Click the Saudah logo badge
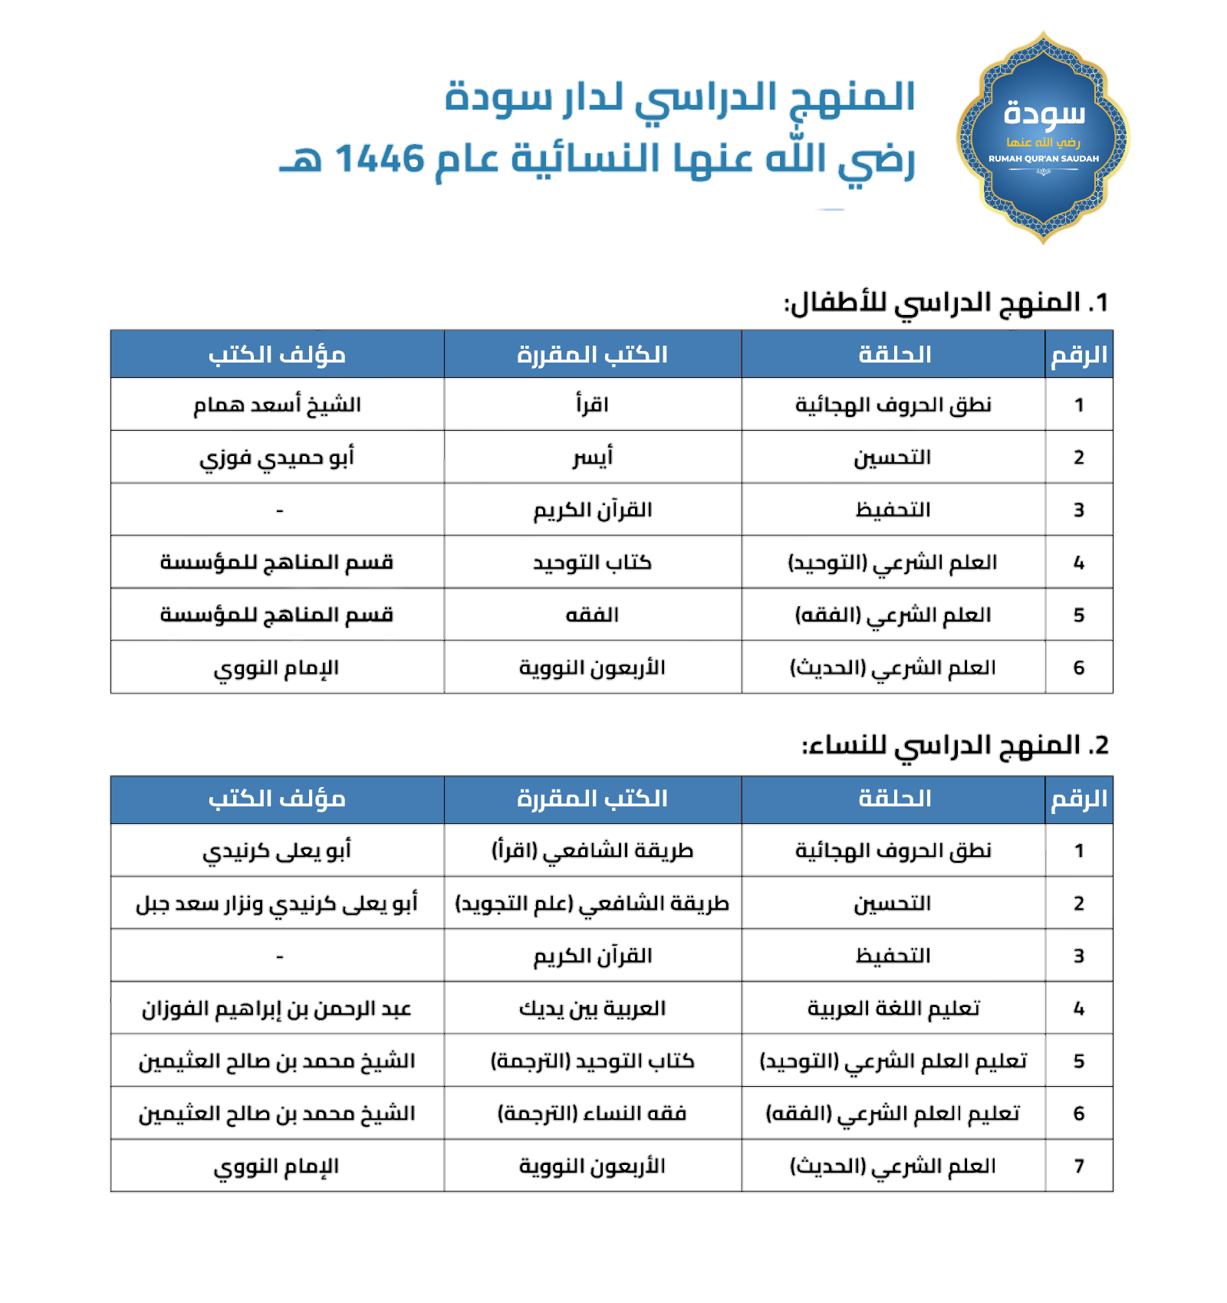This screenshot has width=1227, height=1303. tap(1043, 138)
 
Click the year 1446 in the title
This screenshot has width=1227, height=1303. tap(380, 159)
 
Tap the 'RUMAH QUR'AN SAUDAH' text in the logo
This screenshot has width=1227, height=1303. tap(1043, 159)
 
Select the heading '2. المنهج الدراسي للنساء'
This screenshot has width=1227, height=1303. tap(955, 745)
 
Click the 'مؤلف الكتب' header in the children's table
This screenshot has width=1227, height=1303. tap(277, 355)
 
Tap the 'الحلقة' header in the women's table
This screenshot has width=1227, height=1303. tap(894, 799)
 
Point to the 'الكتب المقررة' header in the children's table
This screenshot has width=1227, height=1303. tap(592, 355)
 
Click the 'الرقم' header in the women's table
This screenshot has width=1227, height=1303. tap(1079, 799)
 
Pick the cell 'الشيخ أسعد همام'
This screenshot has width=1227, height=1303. tap(277, 405)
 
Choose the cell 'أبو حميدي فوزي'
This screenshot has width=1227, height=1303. tap(277, 458)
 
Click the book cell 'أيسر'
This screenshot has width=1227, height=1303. tap(592, 458)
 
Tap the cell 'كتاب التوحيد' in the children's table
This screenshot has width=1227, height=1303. tap(592, 563)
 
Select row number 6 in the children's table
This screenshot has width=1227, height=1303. tap(1079, 668)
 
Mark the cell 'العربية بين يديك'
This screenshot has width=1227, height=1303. tap(592, 1008)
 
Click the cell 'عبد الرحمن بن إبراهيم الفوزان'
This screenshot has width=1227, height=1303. tap(277, 1008)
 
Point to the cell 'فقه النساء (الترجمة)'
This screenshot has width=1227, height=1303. tap(592, 1113)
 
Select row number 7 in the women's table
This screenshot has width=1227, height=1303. tap(1079, 1166)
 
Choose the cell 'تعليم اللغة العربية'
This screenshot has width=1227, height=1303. tap(894, 1008)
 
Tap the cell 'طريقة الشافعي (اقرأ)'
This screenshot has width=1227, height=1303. tap(592, 851)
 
